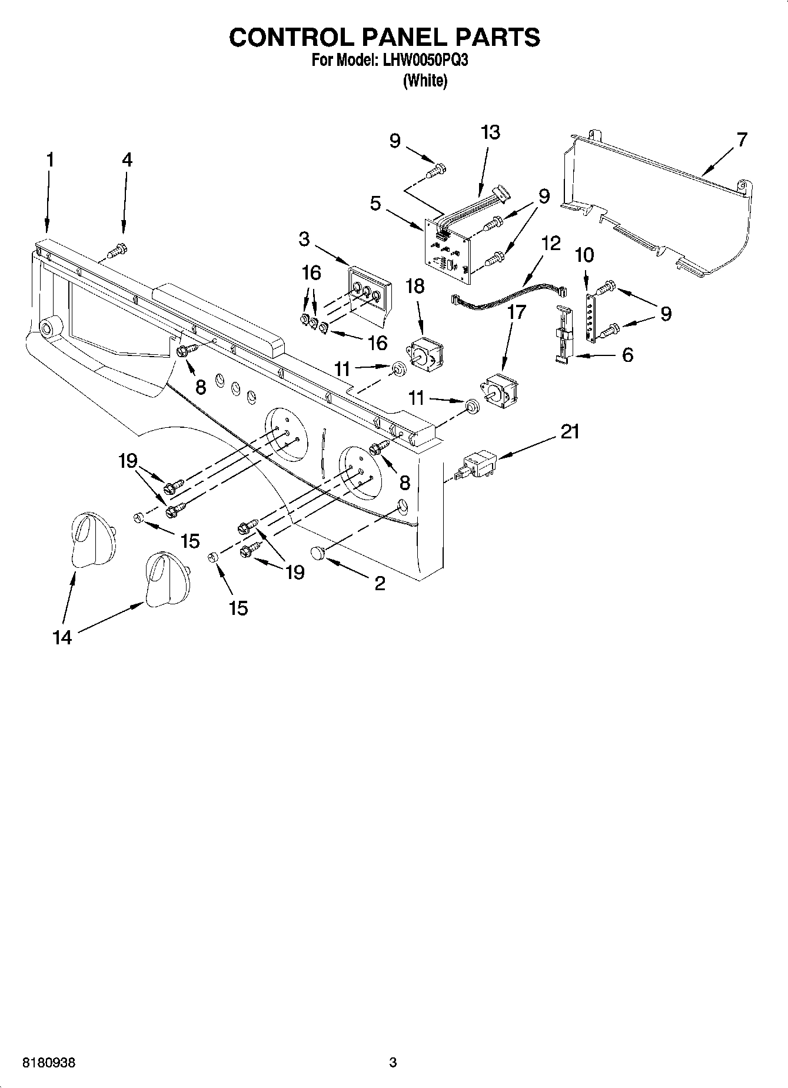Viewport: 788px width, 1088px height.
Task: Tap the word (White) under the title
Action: (x=424, y=81)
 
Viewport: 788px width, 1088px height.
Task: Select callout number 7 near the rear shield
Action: (x=742, y=140)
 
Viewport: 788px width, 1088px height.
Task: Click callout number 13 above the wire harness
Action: (x=490, y=132)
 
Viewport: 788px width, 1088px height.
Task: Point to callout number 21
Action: (x=569, y=432)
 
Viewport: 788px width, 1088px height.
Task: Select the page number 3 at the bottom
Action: (x=393, y=1062)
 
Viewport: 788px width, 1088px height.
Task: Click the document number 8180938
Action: (x=49, y=1063)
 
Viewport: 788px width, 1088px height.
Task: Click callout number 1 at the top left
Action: (x=50, y=159)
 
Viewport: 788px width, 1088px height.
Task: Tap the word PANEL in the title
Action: (x=403, y=37)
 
